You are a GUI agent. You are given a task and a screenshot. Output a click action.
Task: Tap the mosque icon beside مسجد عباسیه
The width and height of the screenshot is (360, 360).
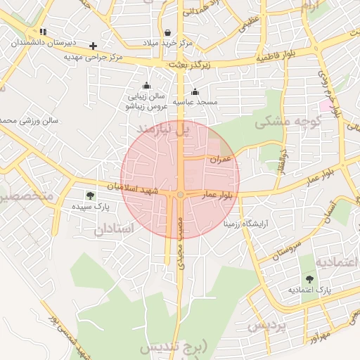[x=195, y=92]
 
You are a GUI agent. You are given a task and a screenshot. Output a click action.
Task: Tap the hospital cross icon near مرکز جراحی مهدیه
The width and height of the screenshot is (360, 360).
[x=93, y=46]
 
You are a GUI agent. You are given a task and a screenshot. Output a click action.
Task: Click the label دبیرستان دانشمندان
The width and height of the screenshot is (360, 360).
[x=39, y=42]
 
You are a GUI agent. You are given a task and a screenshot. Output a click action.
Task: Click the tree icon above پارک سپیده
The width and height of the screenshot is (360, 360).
[x=89, y=195]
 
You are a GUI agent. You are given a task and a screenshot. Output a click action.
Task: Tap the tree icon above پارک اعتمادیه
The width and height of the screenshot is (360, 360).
[x=309, y=279]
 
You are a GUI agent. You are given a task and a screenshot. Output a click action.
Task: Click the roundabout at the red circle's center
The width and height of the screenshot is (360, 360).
[x=181, y=194]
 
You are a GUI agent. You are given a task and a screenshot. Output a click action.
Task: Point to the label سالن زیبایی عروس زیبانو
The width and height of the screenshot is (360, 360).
[x=146, y=101]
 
